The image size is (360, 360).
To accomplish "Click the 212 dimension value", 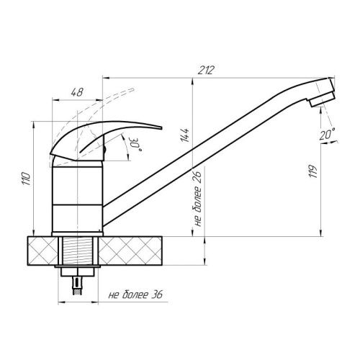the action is click(x=206, y=70).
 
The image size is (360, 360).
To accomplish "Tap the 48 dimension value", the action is click(x=77, y=92).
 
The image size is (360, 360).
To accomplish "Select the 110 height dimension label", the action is click(x=26, y=179).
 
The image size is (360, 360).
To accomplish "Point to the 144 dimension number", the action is click(x=185, y=135).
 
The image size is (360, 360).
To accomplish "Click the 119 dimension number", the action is click(x=313, y=171).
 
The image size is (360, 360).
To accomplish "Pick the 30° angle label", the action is click(x=135, y=144).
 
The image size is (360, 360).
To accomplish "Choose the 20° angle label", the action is click(x=327, y=134).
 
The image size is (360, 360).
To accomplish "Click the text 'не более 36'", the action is click(x=135, y=294).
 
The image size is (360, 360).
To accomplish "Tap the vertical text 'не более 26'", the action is click(x=197, y=199).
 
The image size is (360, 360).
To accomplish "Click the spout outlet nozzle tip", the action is click(x=323, y=101).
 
